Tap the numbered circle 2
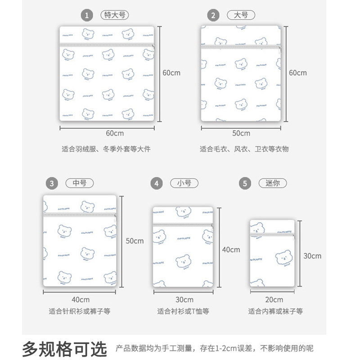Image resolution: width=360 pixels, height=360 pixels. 213,15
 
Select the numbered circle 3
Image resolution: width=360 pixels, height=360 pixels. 52,183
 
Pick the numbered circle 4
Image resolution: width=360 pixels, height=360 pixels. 156,184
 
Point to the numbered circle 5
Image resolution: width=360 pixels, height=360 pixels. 245,184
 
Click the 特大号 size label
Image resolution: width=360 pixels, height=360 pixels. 112,15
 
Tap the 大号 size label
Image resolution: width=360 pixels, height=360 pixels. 241,15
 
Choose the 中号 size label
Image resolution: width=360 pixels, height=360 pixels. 80,183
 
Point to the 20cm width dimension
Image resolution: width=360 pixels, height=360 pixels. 274,300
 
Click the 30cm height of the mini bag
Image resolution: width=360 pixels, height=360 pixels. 312,256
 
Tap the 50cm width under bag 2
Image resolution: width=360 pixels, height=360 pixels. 241,133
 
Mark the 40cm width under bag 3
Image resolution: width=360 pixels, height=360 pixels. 81,300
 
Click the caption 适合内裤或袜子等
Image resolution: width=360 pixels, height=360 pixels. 275,311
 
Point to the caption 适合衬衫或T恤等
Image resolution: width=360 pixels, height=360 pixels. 183,311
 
